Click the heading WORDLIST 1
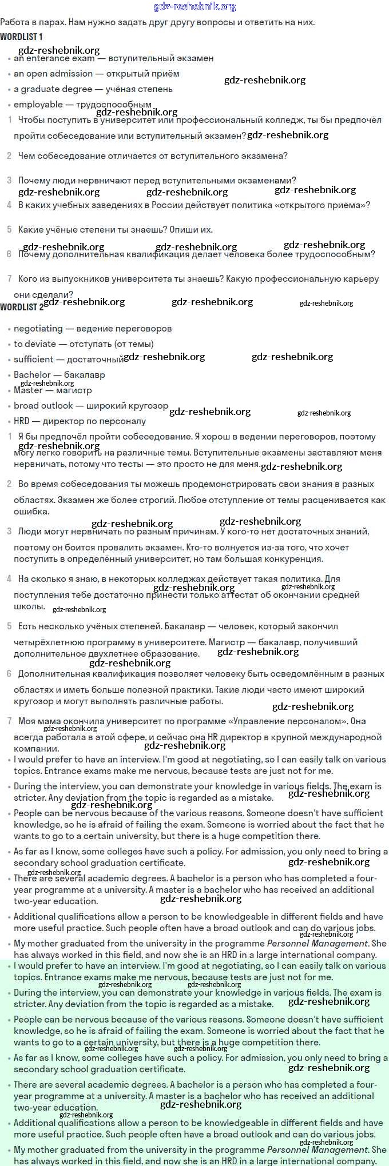(21, 37)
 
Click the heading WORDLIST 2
(21, 307)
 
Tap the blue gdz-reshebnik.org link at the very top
(194, 7)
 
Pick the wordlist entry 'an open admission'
(53, 74)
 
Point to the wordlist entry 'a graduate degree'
(53, 89)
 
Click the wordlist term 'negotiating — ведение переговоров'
(93, 329)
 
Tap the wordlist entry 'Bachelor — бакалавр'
(59, 375)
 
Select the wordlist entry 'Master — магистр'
(53, 390)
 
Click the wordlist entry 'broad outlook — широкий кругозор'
(91, 406)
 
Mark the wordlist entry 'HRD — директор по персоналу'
(80, 421)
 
